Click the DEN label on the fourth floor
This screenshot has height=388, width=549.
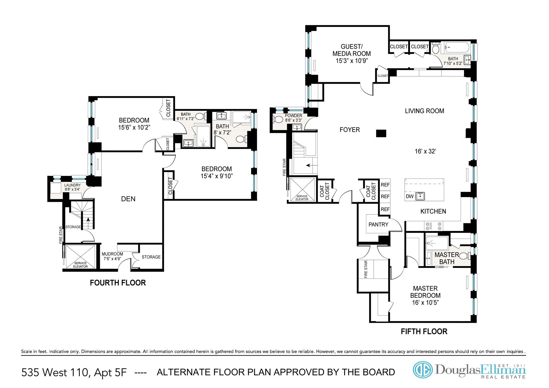click(x=128, y=199)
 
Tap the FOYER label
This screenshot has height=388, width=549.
click(x=350, y=130)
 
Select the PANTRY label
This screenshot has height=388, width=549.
click(x=378, y=224)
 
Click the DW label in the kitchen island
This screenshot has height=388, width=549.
click(x=409, y=196)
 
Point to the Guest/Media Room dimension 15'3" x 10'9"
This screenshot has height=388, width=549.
click(x=352, y=61)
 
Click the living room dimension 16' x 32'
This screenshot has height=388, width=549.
click(x=425, y=152)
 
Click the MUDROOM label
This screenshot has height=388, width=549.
click(x=112, y=254)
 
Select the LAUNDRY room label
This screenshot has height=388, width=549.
click(x=72, y=185)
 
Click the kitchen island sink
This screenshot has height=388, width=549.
click(x=420, y=196)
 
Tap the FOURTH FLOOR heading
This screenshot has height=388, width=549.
click(x=118, y=283)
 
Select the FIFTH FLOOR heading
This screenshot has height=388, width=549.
click(x=424, y=332)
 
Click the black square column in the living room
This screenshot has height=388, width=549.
click(x=381, y=133)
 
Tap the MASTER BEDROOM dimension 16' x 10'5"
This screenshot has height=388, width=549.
click(x=425, y=303)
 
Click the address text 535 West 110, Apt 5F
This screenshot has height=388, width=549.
click(x=74, y=373)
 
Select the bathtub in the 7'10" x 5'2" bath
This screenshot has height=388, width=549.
click(x=455, y=48)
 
